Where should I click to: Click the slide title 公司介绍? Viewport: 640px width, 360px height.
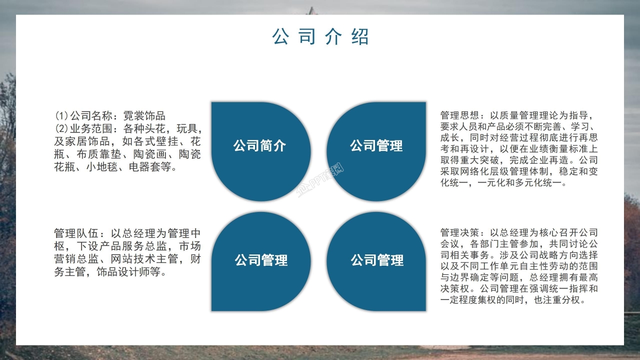tap(320, 37)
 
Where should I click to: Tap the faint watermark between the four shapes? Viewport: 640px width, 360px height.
tap(320, 183)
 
